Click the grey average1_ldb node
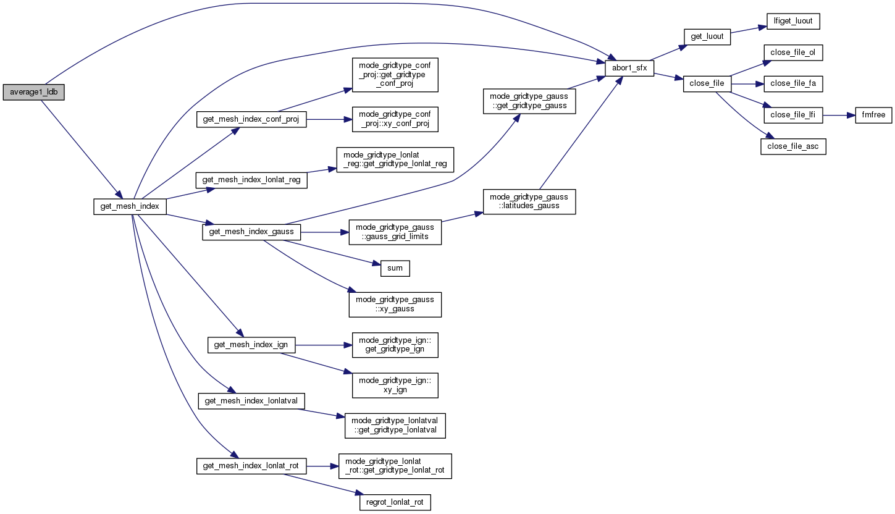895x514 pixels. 33,92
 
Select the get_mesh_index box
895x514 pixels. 130,206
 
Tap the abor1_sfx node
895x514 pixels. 629,68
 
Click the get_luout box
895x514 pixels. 707,36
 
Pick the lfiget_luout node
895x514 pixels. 792,21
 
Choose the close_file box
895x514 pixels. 707,83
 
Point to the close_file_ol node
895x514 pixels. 792,53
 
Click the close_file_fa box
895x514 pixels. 792,83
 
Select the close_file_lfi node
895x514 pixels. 793,115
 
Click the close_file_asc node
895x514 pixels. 793,146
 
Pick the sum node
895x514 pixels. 395,268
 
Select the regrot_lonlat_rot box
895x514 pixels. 395,502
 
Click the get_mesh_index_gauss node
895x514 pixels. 251,232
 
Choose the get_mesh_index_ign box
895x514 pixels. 251,344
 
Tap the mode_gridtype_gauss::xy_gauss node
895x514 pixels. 395,304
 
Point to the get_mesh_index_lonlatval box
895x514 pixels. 251,401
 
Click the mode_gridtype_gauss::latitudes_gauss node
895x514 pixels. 529,201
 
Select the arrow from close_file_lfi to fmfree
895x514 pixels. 838,115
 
